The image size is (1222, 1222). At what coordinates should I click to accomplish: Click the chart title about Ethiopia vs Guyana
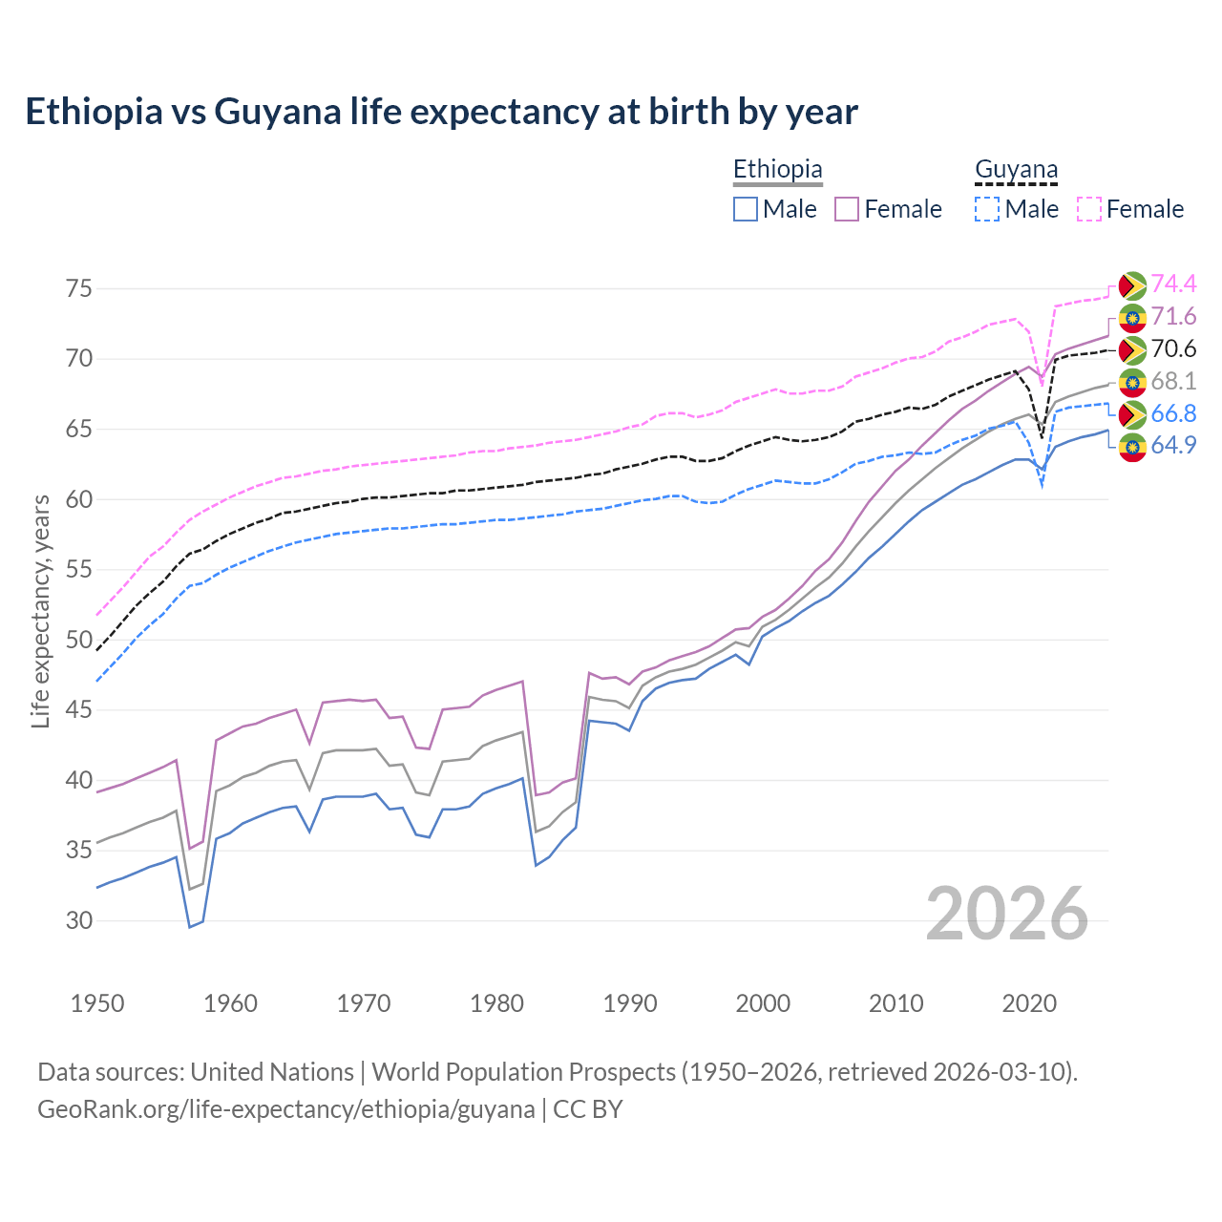tap(441, 112)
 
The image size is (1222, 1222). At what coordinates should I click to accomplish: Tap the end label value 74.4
tap(1173, 284)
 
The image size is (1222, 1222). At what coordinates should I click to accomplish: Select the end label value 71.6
tap(1173, 316)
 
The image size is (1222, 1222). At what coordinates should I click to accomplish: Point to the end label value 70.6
tap(1173, 348)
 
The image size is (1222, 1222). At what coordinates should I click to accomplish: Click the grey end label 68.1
tap(1173, 381)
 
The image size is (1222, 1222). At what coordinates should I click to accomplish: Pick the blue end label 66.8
tap(1173, 413)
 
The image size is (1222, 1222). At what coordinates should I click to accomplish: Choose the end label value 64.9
tap(1173, 445)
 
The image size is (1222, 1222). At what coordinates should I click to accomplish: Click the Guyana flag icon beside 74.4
tap(1132, 285)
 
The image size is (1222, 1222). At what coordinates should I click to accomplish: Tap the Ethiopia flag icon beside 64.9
tap(1132, 447)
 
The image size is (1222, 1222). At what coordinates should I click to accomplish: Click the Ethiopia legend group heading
tap(777, 169)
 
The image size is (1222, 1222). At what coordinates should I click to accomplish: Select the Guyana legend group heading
tap(1016, 169)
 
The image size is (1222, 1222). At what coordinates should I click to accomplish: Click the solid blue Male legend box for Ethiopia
tap(746, 209)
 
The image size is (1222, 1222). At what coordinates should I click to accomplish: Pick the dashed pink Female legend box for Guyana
tap(1089, 209)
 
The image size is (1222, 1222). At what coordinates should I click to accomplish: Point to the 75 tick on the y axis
tap(79, 288)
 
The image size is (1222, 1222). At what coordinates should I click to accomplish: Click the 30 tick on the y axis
tap(79, 920)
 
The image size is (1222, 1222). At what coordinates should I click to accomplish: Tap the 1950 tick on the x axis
tap(98, 1003)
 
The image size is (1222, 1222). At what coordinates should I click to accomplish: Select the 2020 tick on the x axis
tap(1029, 1003)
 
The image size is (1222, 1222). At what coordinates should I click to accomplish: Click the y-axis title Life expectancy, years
tap(40, 611)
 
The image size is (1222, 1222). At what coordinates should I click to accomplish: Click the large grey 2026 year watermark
tap(1007, 914)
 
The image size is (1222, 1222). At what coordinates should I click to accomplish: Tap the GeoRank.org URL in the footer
tap(286, 1109)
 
